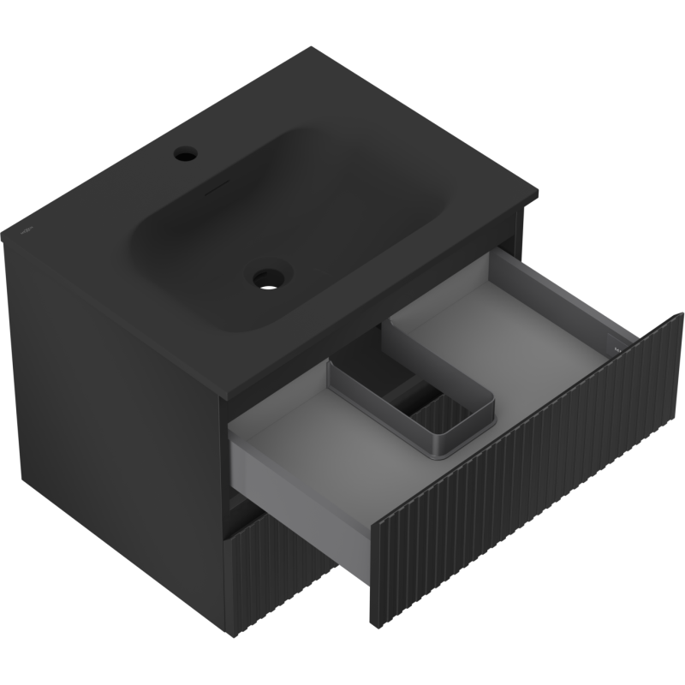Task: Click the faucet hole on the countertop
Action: point(183,156)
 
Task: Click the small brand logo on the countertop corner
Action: point(27,230)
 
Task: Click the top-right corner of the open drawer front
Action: point(682,315)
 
